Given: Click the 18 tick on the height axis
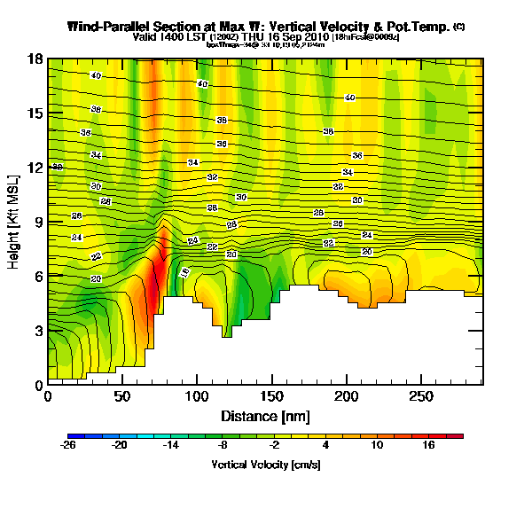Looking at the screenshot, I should [36, 59].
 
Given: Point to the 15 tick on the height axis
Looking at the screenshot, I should [36, 113].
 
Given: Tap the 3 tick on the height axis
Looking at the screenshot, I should [38, 331].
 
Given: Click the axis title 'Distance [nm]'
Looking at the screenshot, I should [264, 415].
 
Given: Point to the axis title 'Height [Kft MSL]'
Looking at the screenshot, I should [15, 222].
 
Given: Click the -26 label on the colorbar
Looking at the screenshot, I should [68, 446].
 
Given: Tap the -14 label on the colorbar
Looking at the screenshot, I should [170, 446].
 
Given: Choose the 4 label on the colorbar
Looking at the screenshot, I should [325, 446].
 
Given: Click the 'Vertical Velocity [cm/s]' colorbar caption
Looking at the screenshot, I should [265, 465].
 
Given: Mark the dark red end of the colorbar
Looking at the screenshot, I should [458, 436].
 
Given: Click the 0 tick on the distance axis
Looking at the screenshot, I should [48, 396].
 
